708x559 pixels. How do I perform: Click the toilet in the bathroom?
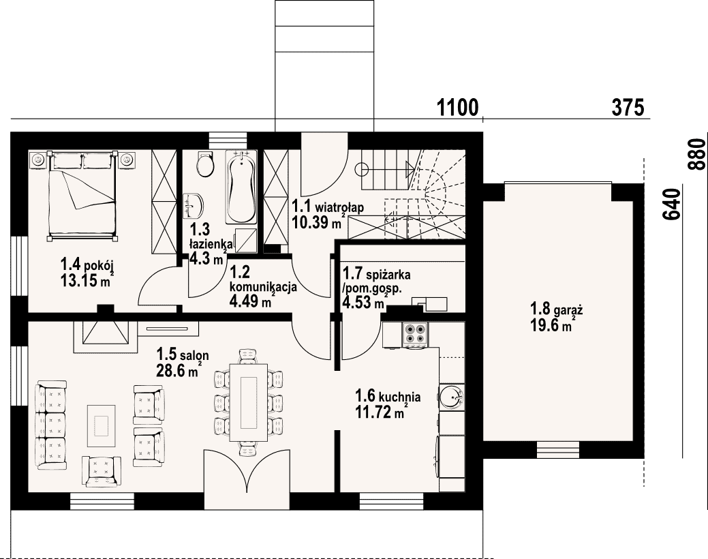(205, 164)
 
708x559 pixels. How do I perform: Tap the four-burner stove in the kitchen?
(414, 335)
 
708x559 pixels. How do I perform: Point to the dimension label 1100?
(457, 108)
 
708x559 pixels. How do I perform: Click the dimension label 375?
(628, 108)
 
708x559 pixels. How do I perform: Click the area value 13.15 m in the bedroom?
(87, 280)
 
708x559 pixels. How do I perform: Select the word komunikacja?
(263, 288)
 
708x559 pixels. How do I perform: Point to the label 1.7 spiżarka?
(377, 274)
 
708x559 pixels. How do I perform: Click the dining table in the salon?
(248, 402)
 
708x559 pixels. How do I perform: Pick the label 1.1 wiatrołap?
(328, 207)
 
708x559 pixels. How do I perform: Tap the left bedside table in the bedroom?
(38, 160)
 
